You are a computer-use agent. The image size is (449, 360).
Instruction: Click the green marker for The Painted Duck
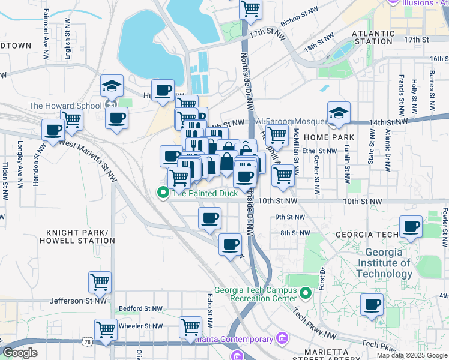point(162,193)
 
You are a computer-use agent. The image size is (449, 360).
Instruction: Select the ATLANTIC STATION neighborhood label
point(372,37)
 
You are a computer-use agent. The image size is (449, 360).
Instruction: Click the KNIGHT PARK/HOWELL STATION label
point(77,236)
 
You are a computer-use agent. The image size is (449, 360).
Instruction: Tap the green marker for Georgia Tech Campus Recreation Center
point(306,294)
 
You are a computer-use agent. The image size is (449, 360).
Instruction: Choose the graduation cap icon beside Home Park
point(339,113)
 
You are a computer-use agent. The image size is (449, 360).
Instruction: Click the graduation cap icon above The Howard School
point(112,86)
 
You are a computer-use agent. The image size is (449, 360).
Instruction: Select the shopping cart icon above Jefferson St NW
point(100,281)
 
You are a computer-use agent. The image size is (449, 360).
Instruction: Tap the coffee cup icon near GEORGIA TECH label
point(411,227)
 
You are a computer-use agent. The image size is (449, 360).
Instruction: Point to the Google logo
point(20,353)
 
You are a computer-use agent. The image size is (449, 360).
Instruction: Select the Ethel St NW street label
point(320,151)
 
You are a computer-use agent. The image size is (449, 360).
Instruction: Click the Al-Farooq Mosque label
point(289,121)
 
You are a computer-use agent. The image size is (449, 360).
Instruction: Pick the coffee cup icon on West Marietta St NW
point(53,130)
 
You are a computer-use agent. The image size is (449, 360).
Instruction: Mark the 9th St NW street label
point(288,217)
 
